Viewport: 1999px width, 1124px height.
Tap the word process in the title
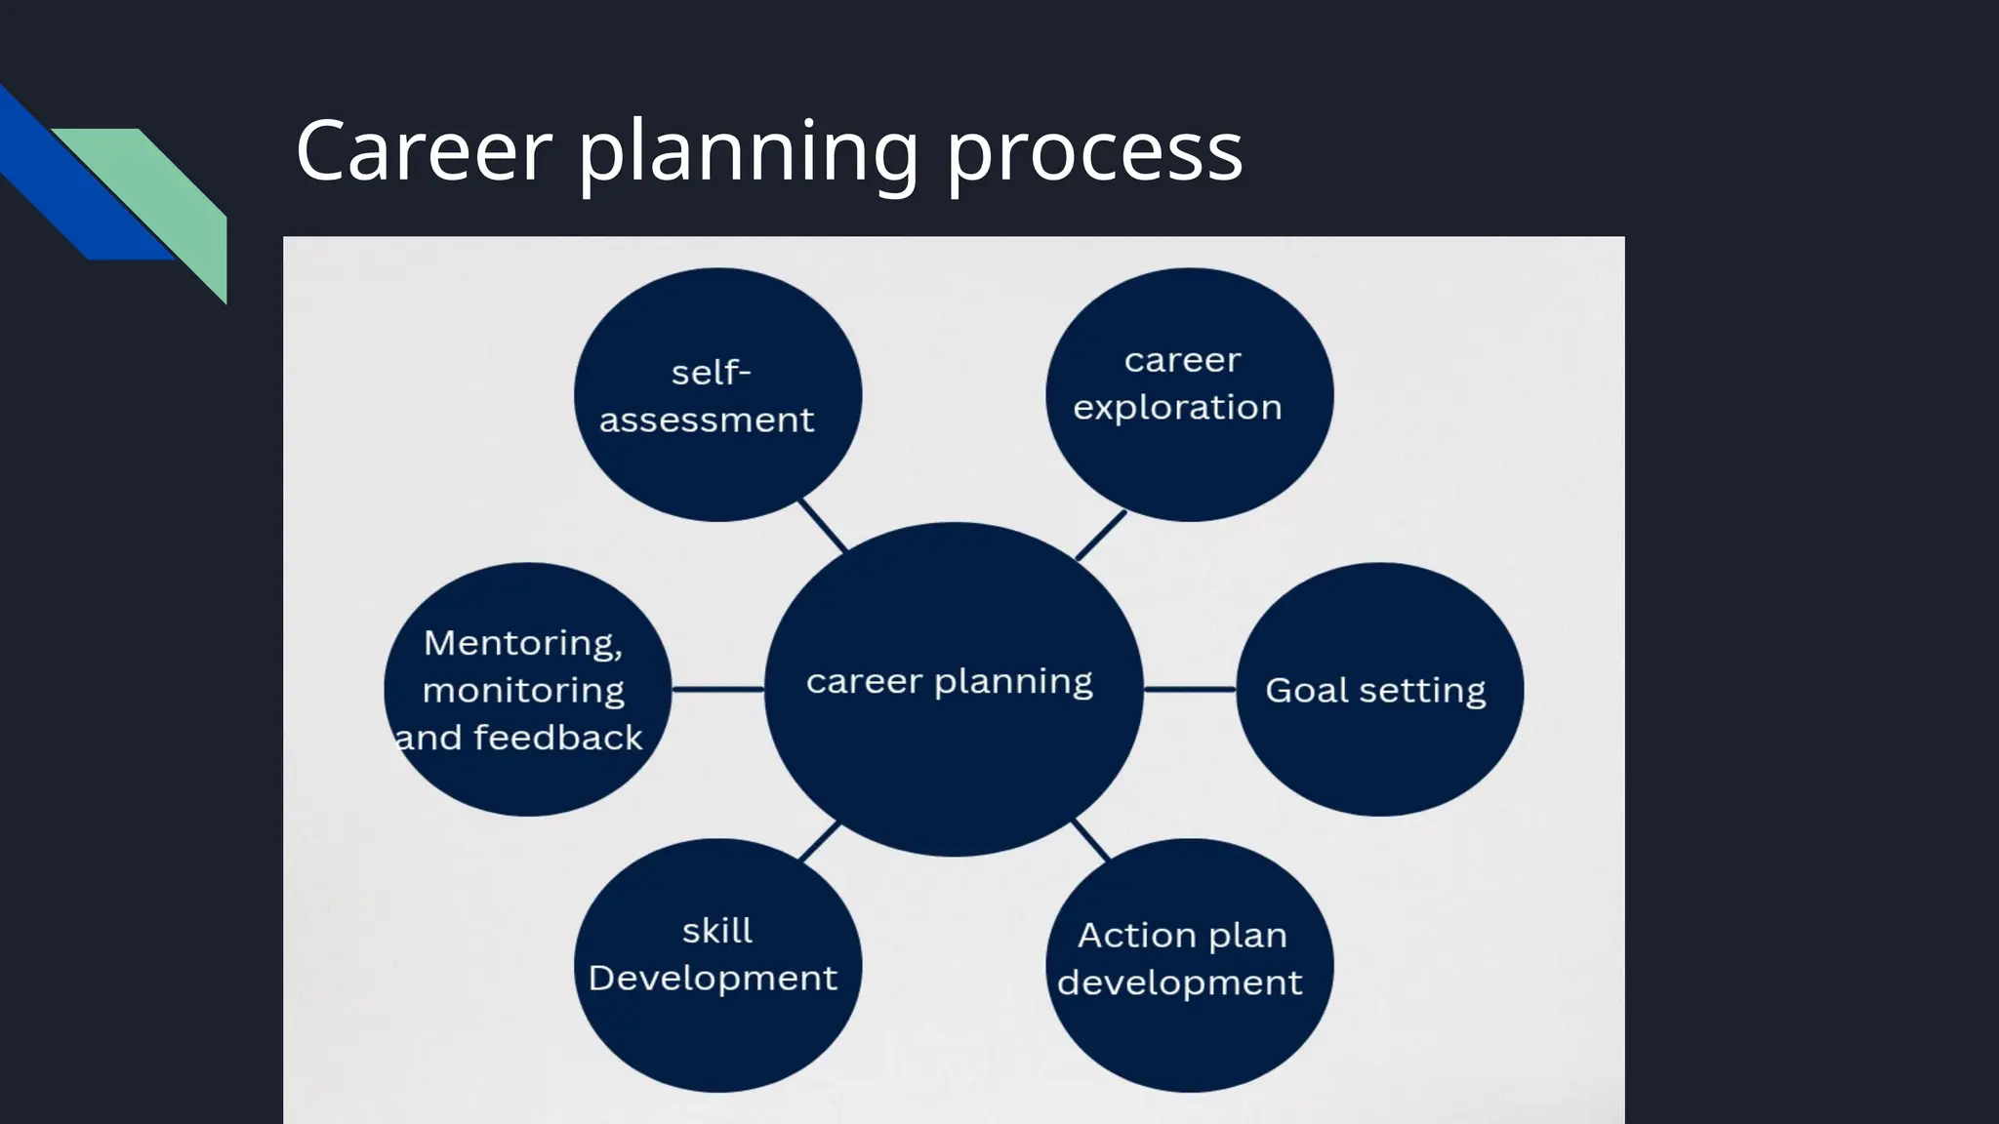1094,154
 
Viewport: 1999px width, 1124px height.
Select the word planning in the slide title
749,154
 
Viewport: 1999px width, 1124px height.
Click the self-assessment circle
717,395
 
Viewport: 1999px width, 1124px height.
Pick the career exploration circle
1189,395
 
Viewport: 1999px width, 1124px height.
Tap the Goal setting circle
1379,690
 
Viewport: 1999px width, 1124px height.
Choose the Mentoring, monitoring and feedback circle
527,690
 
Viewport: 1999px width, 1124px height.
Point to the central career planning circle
953,690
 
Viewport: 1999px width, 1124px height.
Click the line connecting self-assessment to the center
823,526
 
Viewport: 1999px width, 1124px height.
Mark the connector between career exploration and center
1101,535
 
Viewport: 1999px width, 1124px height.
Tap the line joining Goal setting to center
1189,690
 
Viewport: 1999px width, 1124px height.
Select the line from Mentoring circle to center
717,690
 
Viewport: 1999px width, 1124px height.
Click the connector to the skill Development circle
820,841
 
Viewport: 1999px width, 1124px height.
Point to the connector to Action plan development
1090,840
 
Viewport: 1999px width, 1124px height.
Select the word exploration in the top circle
1177,407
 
